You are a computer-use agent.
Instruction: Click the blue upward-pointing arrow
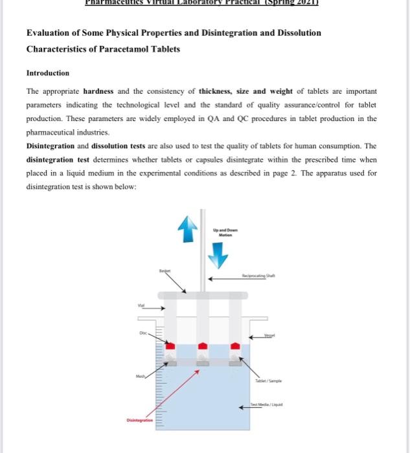pos(188,227)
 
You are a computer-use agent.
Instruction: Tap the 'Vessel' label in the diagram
pos(270,336)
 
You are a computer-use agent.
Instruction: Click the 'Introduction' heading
pos(47,73)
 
